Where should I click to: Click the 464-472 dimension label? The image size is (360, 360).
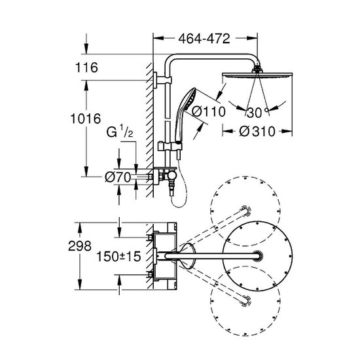point(204,39)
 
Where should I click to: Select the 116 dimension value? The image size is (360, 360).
point(86,67)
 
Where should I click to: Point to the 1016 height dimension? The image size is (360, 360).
point(85,118)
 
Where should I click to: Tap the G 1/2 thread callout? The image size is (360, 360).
point(120,132)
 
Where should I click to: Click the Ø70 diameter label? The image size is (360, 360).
point(118,177)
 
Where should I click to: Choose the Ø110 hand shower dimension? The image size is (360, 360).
point(209,111)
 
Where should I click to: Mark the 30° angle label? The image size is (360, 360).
point(257,113)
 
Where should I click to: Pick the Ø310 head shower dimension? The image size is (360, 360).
point(257,132)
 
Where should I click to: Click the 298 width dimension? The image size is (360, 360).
point(80,246)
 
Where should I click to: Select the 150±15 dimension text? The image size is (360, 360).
point(118,256)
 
